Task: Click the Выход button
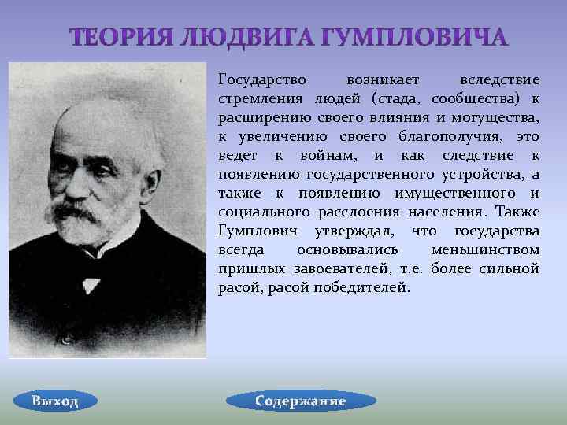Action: click(x=55, y=401)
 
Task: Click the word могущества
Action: click(x=495, y=117)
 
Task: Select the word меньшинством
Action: click(x=485, y=249)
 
